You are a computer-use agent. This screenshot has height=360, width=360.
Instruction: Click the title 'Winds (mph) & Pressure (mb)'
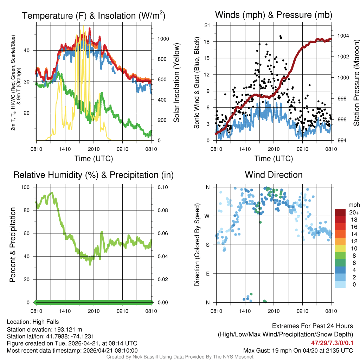point(274,15)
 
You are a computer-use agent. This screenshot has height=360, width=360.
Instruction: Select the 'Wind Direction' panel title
point(274,175)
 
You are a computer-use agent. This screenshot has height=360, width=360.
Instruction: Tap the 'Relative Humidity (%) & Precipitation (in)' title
point(94,175)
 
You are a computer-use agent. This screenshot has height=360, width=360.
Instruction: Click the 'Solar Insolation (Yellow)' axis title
point(176,83)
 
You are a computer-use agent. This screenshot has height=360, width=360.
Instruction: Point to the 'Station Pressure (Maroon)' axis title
point(356,83)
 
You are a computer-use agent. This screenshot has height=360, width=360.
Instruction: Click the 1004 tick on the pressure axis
point(342,36)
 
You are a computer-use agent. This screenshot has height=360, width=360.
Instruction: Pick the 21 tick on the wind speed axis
point(207,25)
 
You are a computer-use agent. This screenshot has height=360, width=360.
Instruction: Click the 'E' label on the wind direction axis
point(208,274)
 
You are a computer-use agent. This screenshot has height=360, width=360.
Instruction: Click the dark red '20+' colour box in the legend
point(341,213)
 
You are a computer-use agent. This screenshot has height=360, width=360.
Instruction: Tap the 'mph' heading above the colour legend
point(353,205)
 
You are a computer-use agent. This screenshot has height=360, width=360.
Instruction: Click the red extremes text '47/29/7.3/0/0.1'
point(332,342)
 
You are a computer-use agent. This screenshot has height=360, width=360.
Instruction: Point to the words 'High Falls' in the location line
point(46,322)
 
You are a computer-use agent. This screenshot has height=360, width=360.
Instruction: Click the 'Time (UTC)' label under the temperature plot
point(94,159)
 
